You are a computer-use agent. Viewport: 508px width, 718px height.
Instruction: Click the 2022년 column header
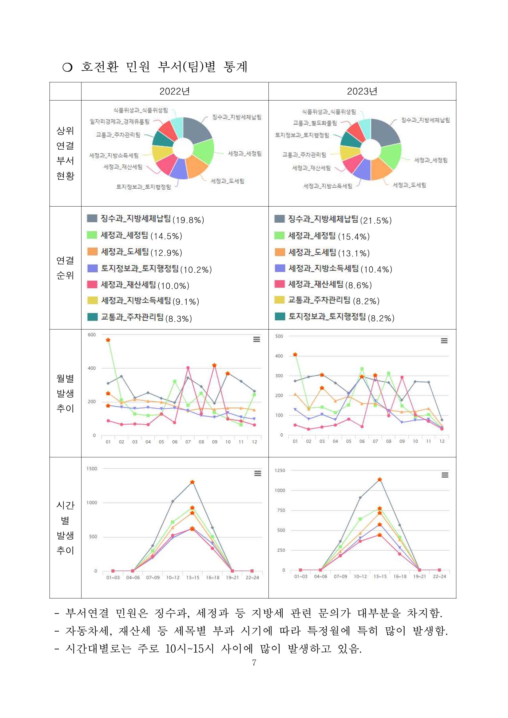click(175, 91)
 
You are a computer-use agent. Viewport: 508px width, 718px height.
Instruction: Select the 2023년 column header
click(362, 91)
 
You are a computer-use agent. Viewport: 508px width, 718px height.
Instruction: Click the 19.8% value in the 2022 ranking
click(188, 220)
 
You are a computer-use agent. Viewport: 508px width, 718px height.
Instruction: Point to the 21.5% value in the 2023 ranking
click(376, 220)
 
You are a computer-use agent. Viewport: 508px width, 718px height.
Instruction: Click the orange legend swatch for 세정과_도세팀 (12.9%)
click(92, 252)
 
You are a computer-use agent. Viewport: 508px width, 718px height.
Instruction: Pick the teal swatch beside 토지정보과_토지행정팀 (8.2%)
click(280, 317)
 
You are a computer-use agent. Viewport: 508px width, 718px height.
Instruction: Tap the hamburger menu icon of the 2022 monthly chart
click(256, 339)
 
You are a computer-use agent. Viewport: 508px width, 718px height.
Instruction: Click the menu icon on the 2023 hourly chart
click(445, 475)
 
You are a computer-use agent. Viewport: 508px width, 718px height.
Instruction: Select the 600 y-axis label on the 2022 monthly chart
click(92, 335)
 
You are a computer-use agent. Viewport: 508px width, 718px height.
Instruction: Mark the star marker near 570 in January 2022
click(108, 340)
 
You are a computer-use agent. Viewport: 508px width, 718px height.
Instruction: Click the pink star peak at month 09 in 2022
click(214, 365)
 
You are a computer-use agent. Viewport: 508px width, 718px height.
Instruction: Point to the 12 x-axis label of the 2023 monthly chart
click(442, 441)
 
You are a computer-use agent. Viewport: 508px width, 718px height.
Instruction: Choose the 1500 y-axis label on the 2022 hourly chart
click(92, 468)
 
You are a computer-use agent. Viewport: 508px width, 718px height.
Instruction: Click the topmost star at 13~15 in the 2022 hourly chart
click(192, 482)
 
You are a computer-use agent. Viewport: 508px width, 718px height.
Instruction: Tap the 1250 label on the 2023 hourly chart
click(280, 470)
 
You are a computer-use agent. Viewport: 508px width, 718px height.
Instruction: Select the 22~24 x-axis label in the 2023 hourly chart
click(439, 576)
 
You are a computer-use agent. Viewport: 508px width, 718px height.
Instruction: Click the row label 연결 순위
click(65, 268)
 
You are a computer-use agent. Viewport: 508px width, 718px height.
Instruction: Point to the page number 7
click(254, 663)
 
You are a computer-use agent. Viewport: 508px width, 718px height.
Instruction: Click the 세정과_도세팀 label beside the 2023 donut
click(409, 185)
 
